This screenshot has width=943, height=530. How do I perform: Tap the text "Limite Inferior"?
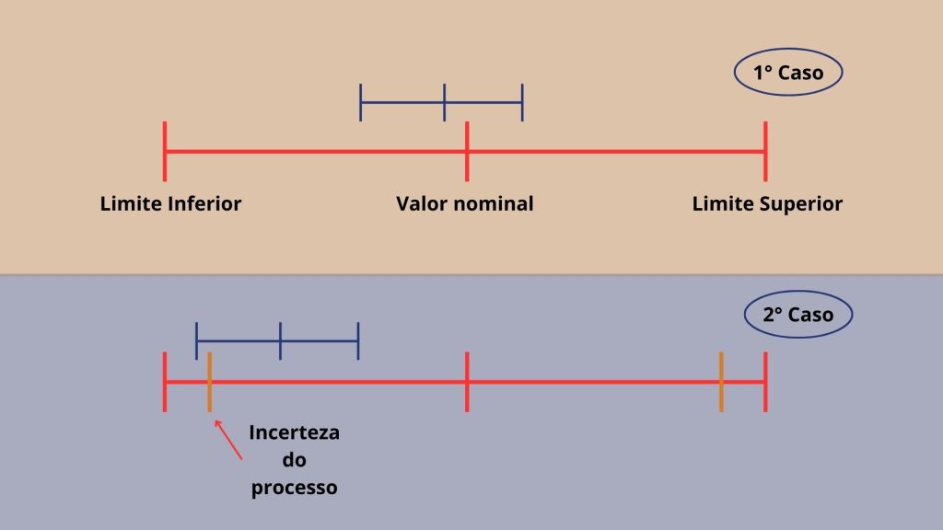170,203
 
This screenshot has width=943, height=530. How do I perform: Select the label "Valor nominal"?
465,203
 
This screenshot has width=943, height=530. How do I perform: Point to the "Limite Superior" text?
767,204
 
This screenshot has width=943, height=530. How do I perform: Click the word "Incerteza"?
294,432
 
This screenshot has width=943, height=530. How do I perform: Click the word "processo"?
294,488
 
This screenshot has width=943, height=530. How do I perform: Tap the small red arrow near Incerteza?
228,440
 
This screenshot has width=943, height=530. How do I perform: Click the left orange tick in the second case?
209,382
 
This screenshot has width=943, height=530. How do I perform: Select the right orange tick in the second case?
721,382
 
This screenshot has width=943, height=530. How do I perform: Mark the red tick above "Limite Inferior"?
165,152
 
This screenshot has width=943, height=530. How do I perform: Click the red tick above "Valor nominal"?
467,152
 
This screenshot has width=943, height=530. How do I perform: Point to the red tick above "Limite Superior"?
765,152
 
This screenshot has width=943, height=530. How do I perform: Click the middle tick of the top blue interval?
445,103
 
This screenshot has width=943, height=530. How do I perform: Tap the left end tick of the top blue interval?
360,103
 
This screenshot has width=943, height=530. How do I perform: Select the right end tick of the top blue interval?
523,103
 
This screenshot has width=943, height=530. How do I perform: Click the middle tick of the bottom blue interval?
280,341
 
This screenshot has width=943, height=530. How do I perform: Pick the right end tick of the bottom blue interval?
358,341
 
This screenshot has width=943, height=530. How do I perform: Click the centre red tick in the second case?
467,382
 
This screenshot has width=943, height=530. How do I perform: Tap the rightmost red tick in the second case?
765,382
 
